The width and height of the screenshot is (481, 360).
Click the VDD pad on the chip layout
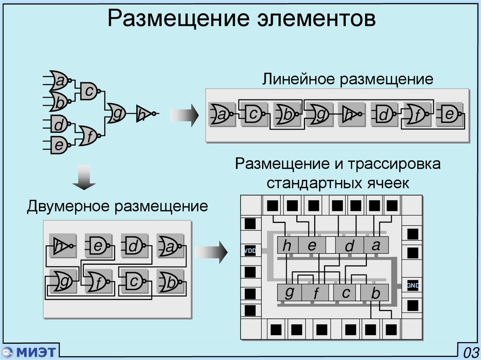pos(250,251)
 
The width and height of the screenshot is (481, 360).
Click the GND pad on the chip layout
pos(412,285)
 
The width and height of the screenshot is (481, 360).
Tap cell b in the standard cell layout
pos(375,293)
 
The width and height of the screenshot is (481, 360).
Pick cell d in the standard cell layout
pos(349,245)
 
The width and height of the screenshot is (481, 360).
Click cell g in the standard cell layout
pos(289,292)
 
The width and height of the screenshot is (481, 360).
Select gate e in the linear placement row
pos(449,114)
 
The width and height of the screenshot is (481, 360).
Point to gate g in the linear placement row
pos(320,114)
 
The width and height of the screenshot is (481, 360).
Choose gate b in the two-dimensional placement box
pos(171,282)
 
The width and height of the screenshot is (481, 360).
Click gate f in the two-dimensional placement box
pos(99,282)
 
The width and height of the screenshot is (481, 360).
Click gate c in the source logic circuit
pos(89,91)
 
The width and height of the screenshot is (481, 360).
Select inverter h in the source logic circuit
pos(143,114)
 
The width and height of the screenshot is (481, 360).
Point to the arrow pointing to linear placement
pos(184,114)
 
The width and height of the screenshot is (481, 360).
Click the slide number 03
pos(470,352)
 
